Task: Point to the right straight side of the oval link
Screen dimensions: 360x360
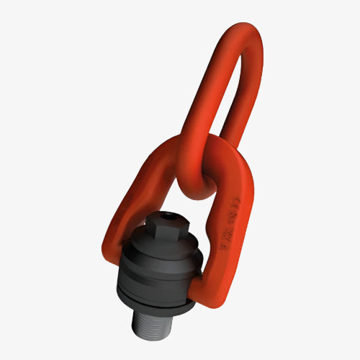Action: [x=249, y=108]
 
